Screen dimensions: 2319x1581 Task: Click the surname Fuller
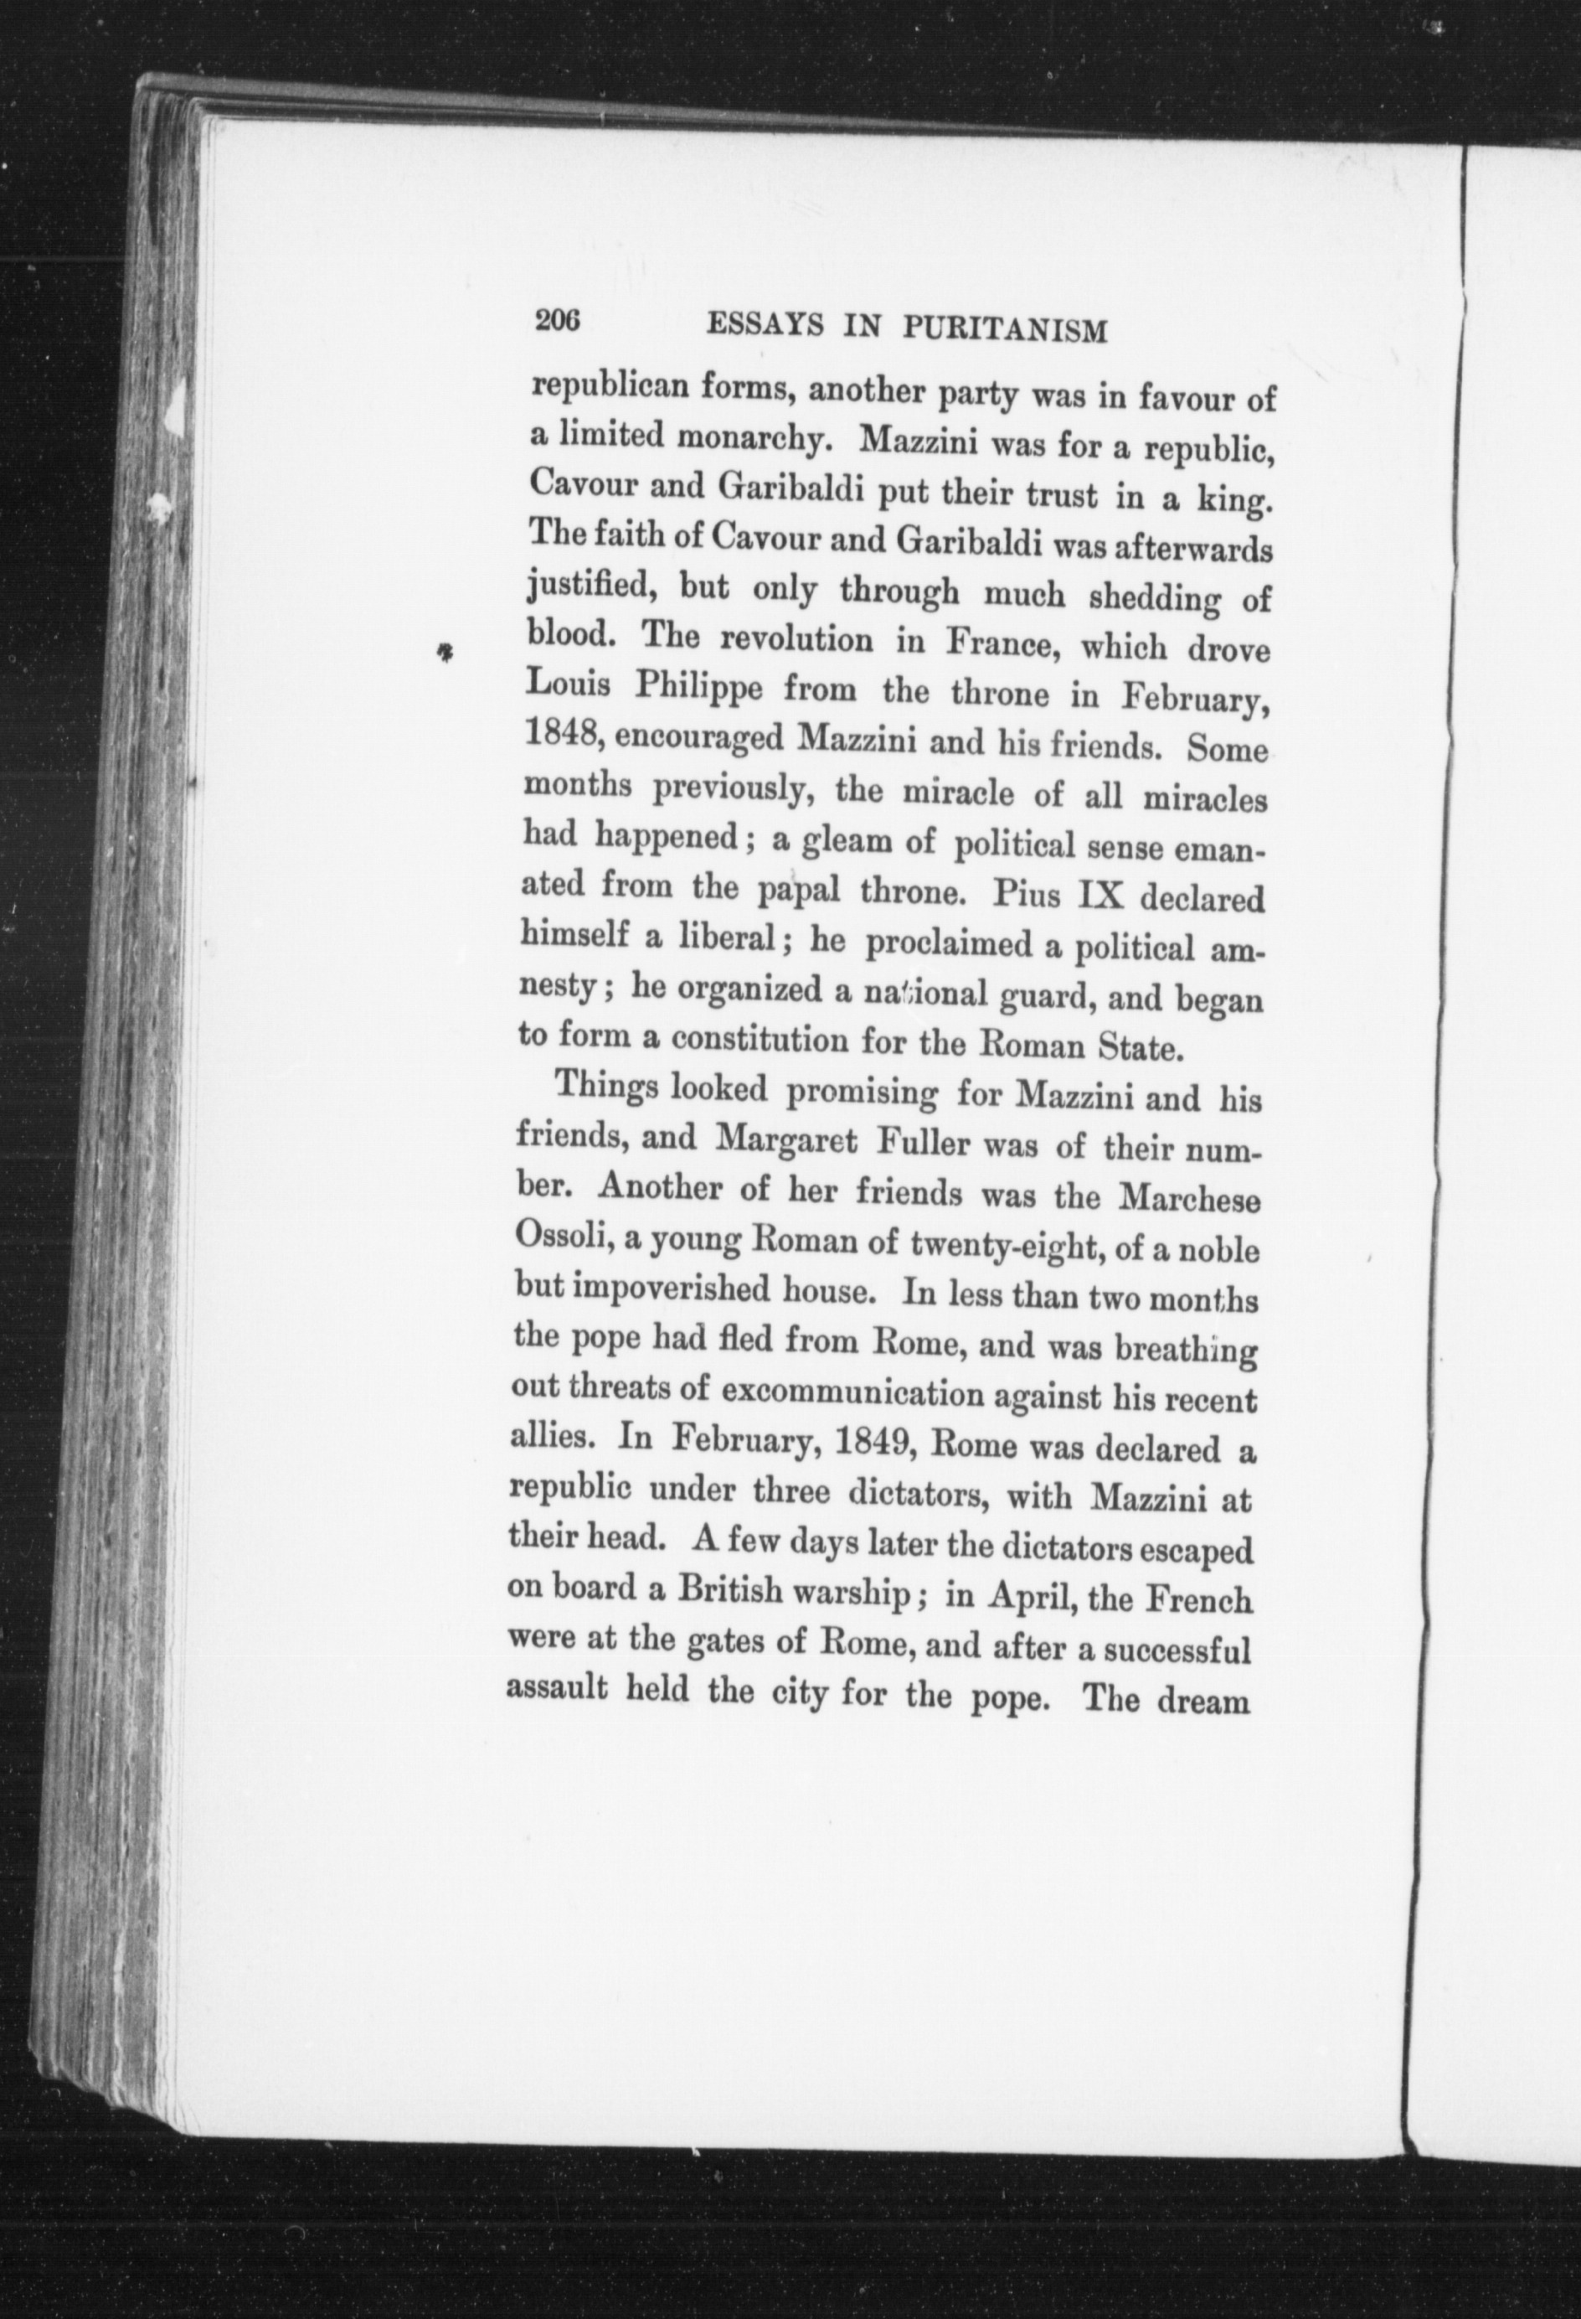pyautogui.click(x=922, y=1142)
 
